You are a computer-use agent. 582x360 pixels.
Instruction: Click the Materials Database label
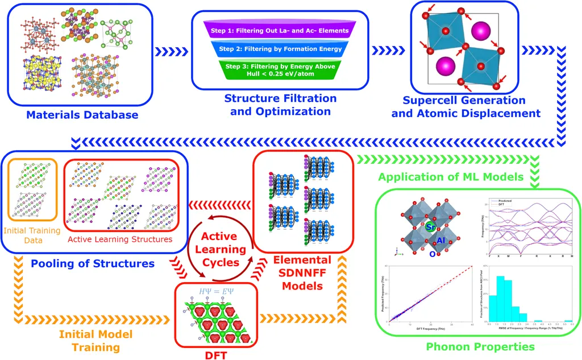point(82,115)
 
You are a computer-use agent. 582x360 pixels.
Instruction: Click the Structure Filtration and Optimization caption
point(280,105)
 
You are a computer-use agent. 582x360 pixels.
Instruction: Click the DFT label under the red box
point(216,354)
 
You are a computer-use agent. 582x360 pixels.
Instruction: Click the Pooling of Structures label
point(93,264)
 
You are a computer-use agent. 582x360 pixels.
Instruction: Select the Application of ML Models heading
point(451,177)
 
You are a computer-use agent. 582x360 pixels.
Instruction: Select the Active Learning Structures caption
point(120,239)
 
